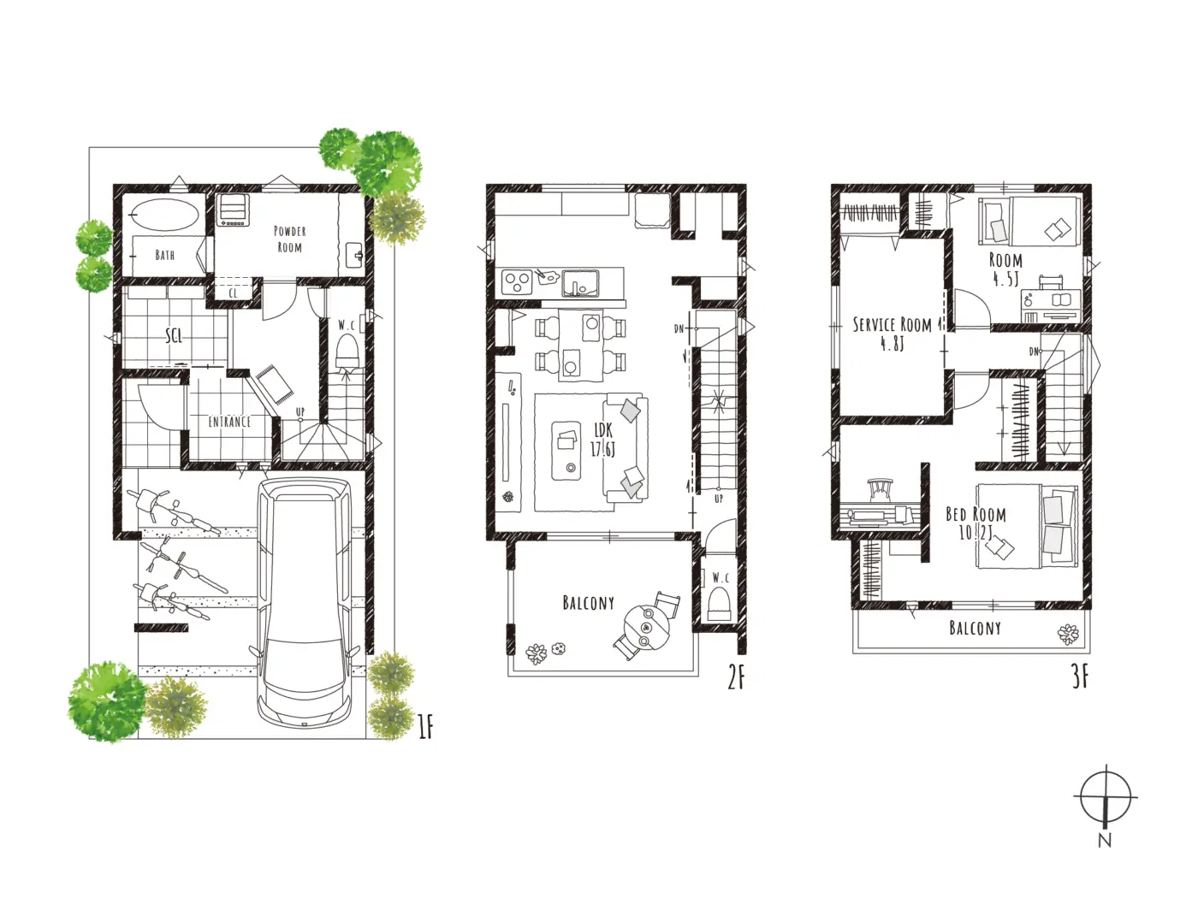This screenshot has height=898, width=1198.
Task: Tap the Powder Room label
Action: pos(290,239)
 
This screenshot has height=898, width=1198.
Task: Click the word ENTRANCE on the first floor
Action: pos(229,422)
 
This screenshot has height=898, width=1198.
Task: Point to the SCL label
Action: pos(174,336)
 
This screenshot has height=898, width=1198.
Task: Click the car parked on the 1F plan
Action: pos(304,602)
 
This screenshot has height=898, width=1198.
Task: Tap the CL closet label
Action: pos(233,293)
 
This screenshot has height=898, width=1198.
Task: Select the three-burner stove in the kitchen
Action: pos(517,282)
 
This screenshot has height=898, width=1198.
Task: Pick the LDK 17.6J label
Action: pos(603,439)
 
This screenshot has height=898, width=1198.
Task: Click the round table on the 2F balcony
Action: pos(647,627)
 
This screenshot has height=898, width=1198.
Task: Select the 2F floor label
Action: pos(736,679)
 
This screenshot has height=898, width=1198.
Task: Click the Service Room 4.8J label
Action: pos(893,334)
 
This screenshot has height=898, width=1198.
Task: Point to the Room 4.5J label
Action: pos(1005,269)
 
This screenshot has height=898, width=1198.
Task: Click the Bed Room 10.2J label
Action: pos(976,523)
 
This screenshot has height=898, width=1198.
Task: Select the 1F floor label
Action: pos(425,728)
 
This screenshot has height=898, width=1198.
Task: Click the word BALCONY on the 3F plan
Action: pos(975,628)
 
